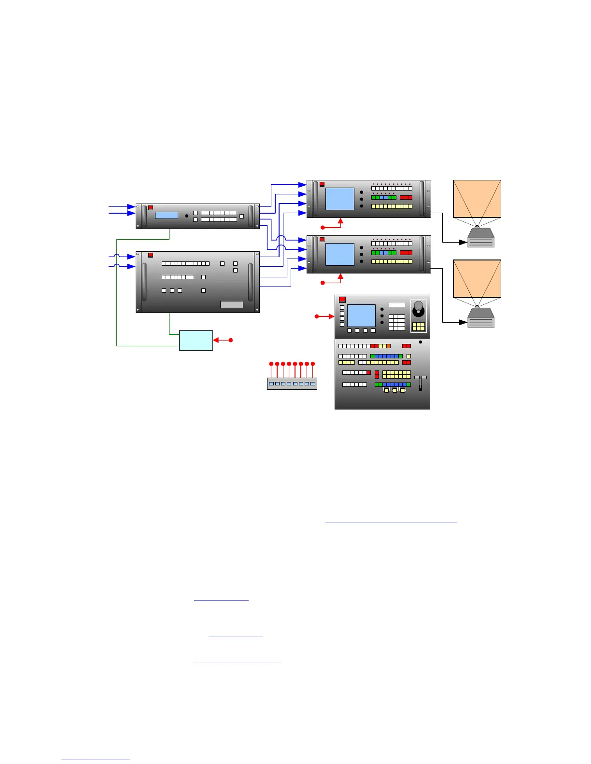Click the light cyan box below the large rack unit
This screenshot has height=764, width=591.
click(196, 340)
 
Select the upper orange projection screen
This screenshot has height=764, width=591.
click(477, 199)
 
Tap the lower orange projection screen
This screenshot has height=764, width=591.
click(477, 278)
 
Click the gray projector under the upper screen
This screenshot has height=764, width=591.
click(480, 238)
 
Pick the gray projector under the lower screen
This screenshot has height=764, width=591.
click(480, 318)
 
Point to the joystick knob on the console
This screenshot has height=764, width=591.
click(419, 306)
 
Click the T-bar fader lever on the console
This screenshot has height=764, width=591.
click(421, 383)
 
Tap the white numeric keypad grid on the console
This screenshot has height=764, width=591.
click(396, 322)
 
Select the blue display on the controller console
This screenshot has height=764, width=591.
click(361, 315)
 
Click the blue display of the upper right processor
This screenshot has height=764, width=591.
click(340, 199)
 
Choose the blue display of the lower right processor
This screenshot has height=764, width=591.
click(340, 254)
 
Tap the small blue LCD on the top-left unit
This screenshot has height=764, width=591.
click(166, 215)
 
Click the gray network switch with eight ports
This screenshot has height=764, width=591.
click(292, 383)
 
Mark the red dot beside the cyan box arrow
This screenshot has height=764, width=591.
click(231, 340)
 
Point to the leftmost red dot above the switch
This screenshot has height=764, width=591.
click(271, 363)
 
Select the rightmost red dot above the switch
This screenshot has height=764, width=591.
click(313, 363)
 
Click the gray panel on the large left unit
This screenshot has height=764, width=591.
click(231, 304)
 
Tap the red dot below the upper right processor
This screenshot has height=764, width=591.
click(323, 227)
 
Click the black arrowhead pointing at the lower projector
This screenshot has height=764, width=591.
click(464, 322)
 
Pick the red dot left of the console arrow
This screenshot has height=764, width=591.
click(316, 316)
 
